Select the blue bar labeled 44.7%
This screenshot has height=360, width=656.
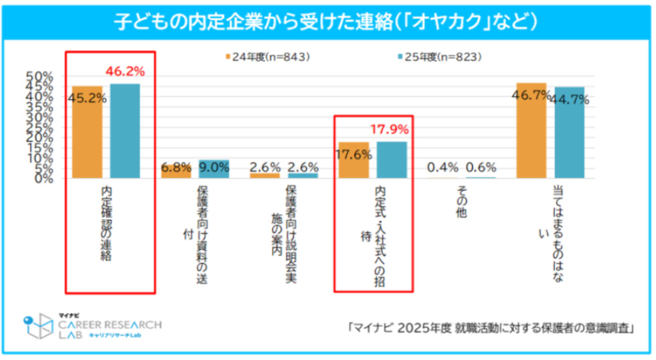pyautogui.click(x=569, y=132)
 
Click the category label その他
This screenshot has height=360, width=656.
pyautogui.click(x=462, y=201)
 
